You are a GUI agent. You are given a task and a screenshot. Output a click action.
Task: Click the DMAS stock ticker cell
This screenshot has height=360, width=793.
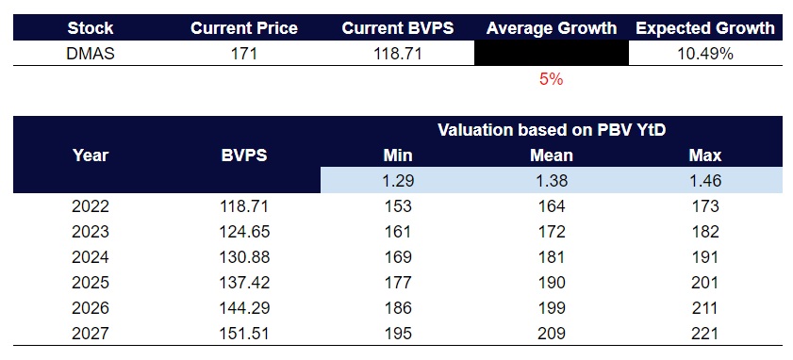pos(91,54)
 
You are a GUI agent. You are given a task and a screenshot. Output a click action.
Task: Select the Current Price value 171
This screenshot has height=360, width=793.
pos(244,54)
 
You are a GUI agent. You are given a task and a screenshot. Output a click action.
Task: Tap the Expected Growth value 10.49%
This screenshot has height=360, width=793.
pos(705,54)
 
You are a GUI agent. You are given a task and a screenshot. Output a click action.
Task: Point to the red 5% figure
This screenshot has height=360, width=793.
pos(552,80)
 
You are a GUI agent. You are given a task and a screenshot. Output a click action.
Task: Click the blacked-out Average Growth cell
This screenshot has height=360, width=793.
pos(552,54)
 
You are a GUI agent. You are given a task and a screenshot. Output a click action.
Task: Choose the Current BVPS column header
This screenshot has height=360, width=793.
pos(398,28)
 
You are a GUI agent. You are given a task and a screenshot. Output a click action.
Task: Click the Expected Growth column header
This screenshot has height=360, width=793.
pos(705,28)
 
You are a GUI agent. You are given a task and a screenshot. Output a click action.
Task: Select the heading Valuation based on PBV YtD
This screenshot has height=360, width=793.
pos(552,129)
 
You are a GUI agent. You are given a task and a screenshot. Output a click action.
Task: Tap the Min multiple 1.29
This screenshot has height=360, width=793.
pos(398,180)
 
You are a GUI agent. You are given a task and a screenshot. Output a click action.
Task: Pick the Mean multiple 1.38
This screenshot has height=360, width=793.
pos(552,180)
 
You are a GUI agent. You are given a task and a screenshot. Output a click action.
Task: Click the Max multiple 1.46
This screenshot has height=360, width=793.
pos(705,180)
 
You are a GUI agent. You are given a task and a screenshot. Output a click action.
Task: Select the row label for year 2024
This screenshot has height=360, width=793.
pos(91,256)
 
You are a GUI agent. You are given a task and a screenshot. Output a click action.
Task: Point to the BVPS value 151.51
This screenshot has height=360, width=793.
pos(244,333)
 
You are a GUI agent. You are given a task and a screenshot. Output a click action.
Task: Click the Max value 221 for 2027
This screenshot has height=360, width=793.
pos(705,333)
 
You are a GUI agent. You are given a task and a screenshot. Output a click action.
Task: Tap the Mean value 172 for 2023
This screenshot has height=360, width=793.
pos(552,231)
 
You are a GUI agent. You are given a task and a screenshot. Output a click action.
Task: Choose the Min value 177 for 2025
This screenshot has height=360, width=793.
pos(398,282)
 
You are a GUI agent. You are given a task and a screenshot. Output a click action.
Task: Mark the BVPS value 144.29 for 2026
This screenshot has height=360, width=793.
pos(244,307)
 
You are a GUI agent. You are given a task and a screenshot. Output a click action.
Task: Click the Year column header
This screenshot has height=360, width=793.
pos(91,155)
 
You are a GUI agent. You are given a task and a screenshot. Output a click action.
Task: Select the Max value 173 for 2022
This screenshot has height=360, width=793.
pos(705,205)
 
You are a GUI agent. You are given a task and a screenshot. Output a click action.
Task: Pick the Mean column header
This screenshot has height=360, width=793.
pos(552,155)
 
